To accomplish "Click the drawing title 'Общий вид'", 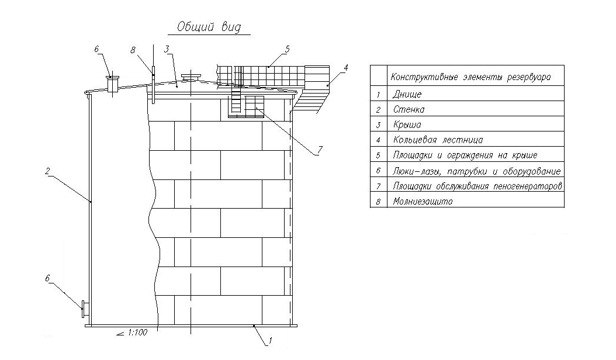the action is click(x=209, y=27).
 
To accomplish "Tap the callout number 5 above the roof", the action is click(x=287, y=49).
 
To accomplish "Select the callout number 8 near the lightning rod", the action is click(x=133, y=50).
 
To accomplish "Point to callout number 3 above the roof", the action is click(x=167, y=49).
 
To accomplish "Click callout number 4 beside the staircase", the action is click(x=346, y=68).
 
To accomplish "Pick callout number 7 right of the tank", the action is click(x=320, y=150).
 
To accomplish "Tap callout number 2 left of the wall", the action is click(x=47, y=171).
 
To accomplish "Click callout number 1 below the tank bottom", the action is click(x=270, y=340).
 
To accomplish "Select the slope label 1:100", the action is click(x=137, y=333).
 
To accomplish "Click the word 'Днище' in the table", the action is click(x=407, y=95).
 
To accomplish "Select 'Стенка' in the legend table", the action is click(x=409, y=110).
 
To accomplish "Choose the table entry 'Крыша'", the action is click(x=407, y=125).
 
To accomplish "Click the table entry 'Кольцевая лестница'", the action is click(x=438, y=140).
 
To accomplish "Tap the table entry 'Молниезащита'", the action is click(x=423, y=202).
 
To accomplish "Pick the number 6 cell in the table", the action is click(x=378, y=171).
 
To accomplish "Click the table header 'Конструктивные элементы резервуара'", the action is click(x=470, y=77).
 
